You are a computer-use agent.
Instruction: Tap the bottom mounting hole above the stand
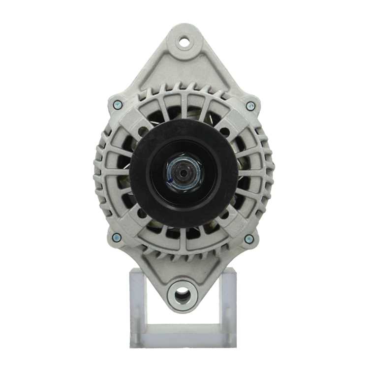click(x=182, y=295)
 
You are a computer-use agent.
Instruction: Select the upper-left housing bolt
click(x=118, y=105)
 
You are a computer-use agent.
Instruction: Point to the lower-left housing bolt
click(x=117, y=238)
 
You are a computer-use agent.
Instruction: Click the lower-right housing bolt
click(x=249, y=239)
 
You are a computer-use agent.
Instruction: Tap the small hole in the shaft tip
click(x=184, y=173)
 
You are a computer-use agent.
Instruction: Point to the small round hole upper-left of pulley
click(x=143, y=131)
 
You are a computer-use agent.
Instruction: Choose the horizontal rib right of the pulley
click(x=252, y=173)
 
